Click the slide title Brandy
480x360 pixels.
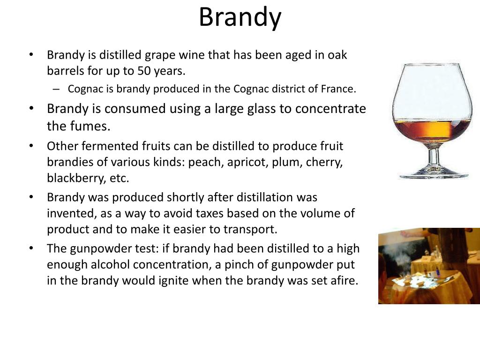240,17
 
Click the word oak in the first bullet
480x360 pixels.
337,55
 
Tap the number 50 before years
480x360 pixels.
142,71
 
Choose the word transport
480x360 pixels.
253,230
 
